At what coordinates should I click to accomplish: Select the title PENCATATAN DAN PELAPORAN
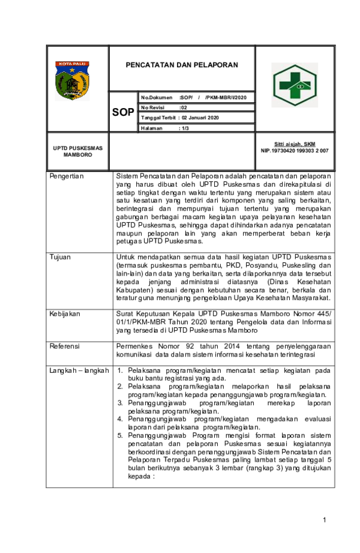[181, 65]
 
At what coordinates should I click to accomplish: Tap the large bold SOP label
[123, 112]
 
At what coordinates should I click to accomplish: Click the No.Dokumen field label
[157, 97]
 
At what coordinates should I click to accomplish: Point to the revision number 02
[184, 107]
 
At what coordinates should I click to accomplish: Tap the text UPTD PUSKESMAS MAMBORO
[77, 151]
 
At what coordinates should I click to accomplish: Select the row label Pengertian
[67, 177]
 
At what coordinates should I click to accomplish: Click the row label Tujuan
[60, 257]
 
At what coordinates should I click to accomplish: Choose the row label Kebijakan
[65, 313]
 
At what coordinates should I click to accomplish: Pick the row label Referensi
[65, 346]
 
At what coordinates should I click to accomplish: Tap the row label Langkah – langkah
[79, 370]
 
